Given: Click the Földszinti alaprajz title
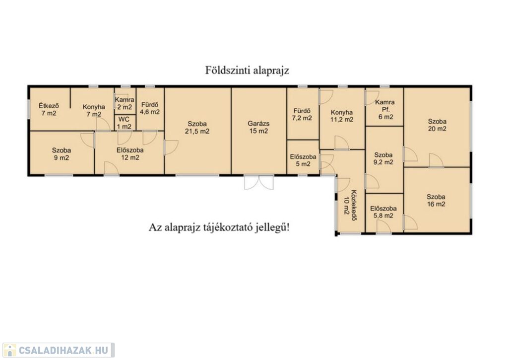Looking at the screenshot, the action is click(x=247, y=71).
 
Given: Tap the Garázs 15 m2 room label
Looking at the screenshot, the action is click(x=258, y=127).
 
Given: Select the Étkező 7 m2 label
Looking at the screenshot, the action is click(x=49, y=109).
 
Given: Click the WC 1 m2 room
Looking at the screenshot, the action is click(x=124, y=123).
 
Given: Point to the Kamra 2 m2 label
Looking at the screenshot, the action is click(x=125, y=103).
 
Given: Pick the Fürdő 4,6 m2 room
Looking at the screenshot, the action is click(x=150, y=108).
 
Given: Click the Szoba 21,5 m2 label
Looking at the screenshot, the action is click(x=197, y=128).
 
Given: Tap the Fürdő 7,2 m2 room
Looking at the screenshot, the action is click(x=302, y=114).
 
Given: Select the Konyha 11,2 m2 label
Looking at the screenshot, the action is click(x=342, y=116).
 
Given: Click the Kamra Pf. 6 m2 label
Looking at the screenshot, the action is click(x=385, y=109).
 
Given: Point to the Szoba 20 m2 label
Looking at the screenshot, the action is click(x=437, y=125).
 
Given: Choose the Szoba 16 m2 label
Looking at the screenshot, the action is click(x=436, y=200).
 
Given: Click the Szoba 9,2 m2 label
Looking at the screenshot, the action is click(x=383, y=158).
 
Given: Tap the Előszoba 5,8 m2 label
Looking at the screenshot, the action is click(x=383, y=212).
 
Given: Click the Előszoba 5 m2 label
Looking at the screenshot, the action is click(x=303, y=160).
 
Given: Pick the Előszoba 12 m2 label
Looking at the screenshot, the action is click(x=130, y=154).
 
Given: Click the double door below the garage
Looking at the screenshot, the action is click(x=259, y=183).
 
